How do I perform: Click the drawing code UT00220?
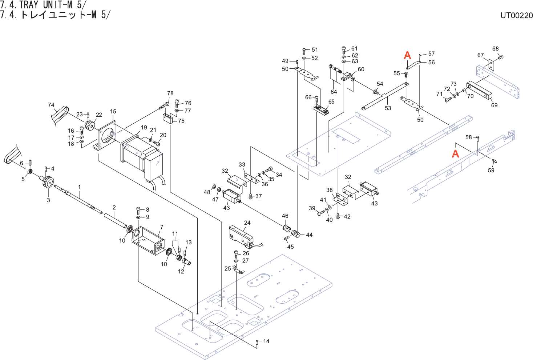pyautogui.click(x=516, y=15)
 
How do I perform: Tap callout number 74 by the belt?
pyautogui.click(x=51, y=105)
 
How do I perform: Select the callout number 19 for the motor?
pyautogui.click(x=144, y=128)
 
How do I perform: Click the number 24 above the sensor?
pyautogui.click(x=247, y=223)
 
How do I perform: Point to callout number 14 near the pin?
pyautogui.click(x=266, y=341)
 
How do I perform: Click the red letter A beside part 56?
pyautogui.click(x=407, y=55)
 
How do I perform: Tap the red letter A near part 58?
pyautogui.click(x=455, y=153)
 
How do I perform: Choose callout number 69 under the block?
pyautogui.click(x=494, y=105)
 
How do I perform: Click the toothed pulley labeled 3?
pyautogui.click(x=47, y=181)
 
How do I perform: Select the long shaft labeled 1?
pyautogui.click(x=78, y=199)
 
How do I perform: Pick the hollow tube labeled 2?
pyautogui.click(x=115, y=220)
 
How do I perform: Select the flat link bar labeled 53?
pyautogui.click(x=385, y=96)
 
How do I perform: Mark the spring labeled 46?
pyautogui.click(x=287, y=229)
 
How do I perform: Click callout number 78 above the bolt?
pyautogui.click(x=170, y=93)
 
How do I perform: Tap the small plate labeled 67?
pyautogui.click(x=491, y=65)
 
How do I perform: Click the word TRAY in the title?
pyautogui.click(x=29, y=5)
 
